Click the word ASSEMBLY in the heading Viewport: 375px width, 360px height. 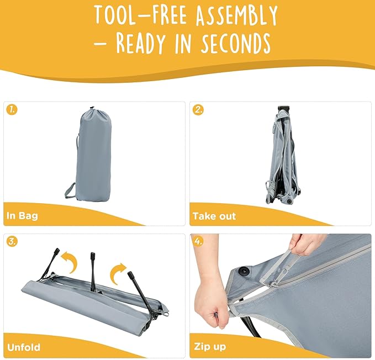[x=236, y=15]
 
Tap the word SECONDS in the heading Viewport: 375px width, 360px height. [x=236, y=43]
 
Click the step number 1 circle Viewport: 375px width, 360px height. [x=12, y=110]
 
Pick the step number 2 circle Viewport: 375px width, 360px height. [x=198, y=110]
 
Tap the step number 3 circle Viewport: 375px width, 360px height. [x=12, y=242]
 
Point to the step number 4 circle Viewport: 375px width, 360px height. [x=198, y=242]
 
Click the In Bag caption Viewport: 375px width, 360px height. [x=22, y=216]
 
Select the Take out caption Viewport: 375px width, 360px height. [x=214, y=216]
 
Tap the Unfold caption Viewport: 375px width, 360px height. [x=24, y=347]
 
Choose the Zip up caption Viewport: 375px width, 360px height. [x=210, y=347]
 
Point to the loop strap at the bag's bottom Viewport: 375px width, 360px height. [x=70, y=190]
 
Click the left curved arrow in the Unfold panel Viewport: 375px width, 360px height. [x=71, y=262]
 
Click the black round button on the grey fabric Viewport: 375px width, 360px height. [x=244, y=271]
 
